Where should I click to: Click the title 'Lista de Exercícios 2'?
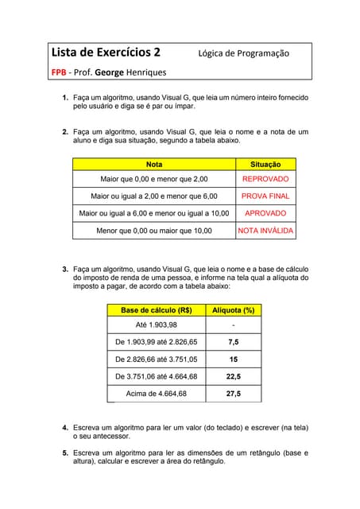point(106,53)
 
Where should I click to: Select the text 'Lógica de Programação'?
point(244,53)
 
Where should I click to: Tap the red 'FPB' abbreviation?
point(59,72)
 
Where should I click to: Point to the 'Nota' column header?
point(154,164)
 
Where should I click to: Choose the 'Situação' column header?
point(265,164)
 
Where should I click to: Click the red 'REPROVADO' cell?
point(265,180)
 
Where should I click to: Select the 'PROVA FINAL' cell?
point(265,196)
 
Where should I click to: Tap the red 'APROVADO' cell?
point(265,213)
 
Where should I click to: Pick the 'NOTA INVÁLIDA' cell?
point(265,231)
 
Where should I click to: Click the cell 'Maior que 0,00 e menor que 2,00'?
point(154,180)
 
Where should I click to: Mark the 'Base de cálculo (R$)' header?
point(156,310)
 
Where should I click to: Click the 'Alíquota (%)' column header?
point(233,310)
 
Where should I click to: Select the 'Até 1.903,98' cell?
point(156,325)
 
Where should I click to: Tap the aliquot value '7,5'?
point(233,342)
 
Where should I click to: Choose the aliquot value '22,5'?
point(233,376)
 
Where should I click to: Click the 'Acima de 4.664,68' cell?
point(156,394)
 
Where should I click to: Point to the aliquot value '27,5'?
point(233,394)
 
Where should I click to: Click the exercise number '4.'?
point(65,428)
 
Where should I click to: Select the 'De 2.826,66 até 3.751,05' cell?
point(156,359)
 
